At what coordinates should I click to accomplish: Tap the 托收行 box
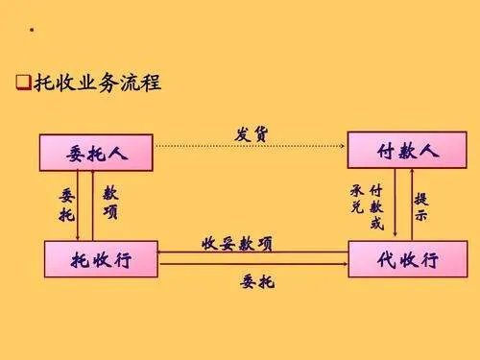(x=101, y=260)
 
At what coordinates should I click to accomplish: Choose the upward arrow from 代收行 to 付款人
(x=410, y=206)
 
